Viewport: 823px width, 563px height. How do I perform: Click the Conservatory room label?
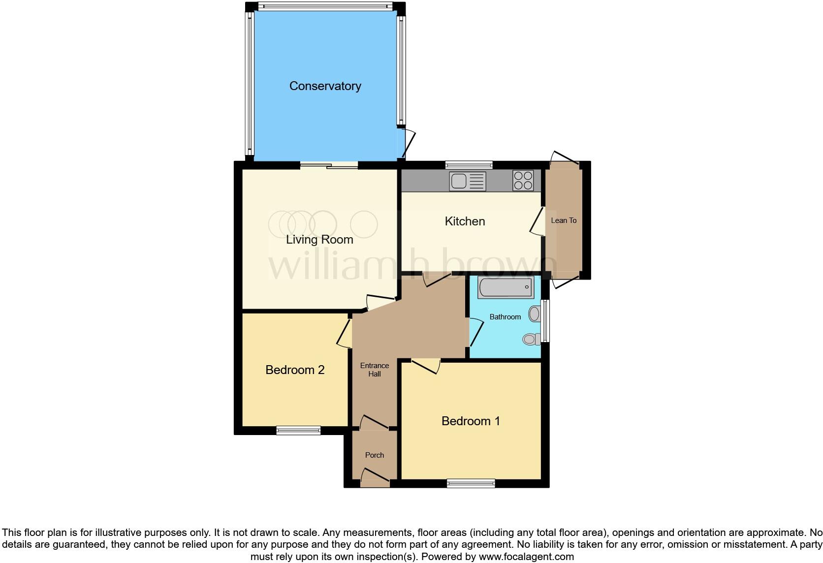pos(325,86)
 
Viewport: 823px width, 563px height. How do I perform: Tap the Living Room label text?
pos(319,240)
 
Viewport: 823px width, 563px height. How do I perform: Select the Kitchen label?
pos(465,221)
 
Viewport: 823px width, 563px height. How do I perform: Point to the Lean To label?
pos(564,220)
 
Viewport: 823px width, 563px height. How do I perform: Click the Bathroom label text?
pos(505,317)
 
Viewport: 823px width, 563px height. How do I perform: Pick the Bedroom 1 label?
pos(471,421)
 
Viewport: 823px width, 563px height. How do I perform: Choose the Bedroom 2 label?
pos(295,370)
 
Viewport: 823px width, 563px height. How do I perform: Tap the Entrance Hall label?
pos(375,370)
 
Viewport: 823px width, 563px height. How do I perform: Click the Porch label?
pos(375,455)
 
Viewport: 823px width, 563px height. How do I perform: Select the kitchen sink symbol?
pos(467,181)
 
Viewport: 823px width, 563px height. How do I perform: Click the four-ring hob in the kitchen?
pos(523,180)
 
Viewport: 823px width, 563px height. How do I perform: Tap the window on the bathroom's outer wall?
pos(545,321)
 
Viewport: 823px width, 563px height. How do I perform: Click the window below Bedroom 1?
pos(471,484)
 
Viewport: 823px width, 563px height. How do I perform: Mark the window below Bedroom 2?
pos(298,431)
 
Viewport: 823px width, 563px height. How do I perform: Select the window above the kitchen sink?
pos(469,165)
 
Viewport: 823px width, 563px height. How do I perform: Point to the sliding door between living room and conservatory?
pos(329,166)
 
